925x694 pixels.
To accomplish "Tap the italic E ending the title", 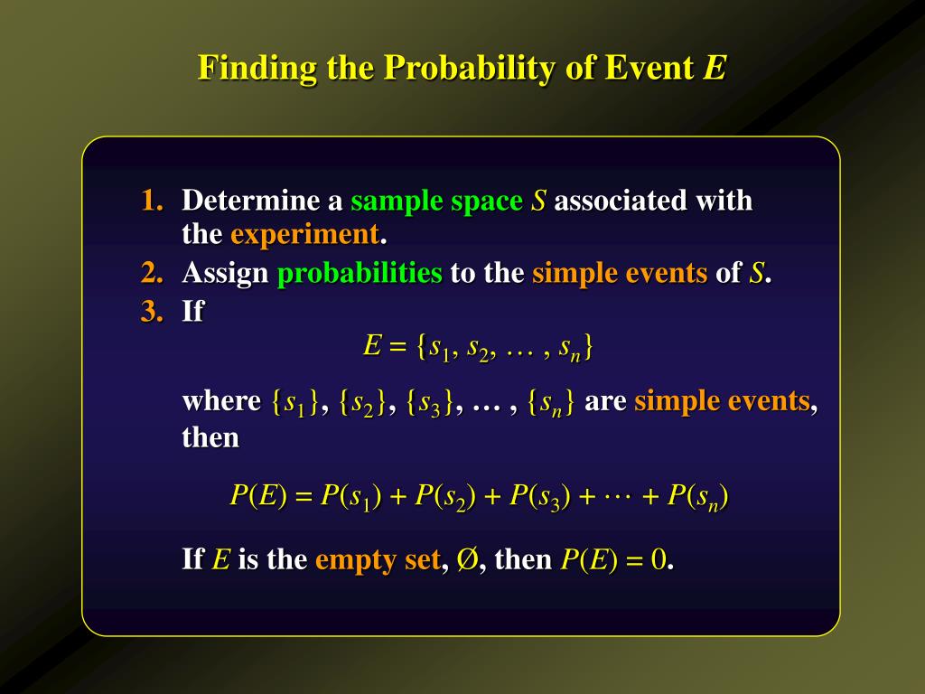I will click(x=715, y=68).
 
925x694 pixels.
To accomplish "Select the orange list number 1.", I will click(x=152, y=200).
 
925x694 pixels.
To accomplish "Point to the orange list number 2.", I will click(x=152, y=272).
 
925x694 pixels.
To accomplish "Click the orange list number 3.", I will click(x=152, y=312).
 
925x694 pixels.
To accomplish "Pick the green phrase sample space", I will click(x=436, y=201).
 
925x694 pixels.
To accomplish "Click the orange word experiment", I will click(x=304, y=234).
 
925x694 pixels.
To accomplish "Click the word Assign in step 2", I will click(x=225, y=273).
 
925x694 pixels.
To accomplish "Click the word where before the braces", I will click(x=221, y=400).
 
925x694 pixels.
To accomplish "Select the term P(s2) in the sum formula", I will click(x=446, y=496).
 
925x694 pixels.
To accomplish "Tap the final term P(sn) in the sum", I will click(x=698, y=496).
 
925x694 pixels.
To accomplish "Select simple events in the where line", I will click(x=722, y=400).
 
